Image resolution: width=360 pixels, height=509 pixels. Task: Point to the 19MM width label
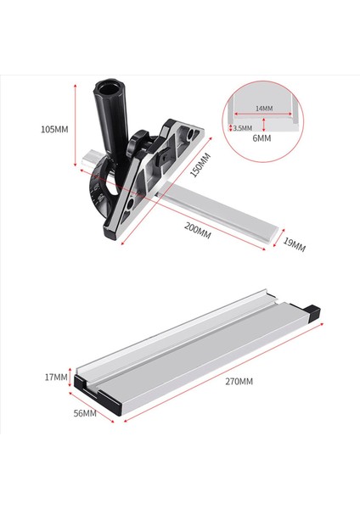tap(293, 245)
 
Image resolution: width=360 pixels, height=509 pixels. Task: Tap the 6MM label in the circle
tap(262, 137)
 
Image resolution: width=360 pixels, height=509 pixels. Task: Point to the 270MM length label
tap(233, 383)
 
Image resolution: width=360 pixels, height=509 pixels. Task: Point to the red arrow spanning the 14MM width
tap(264, 116)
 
